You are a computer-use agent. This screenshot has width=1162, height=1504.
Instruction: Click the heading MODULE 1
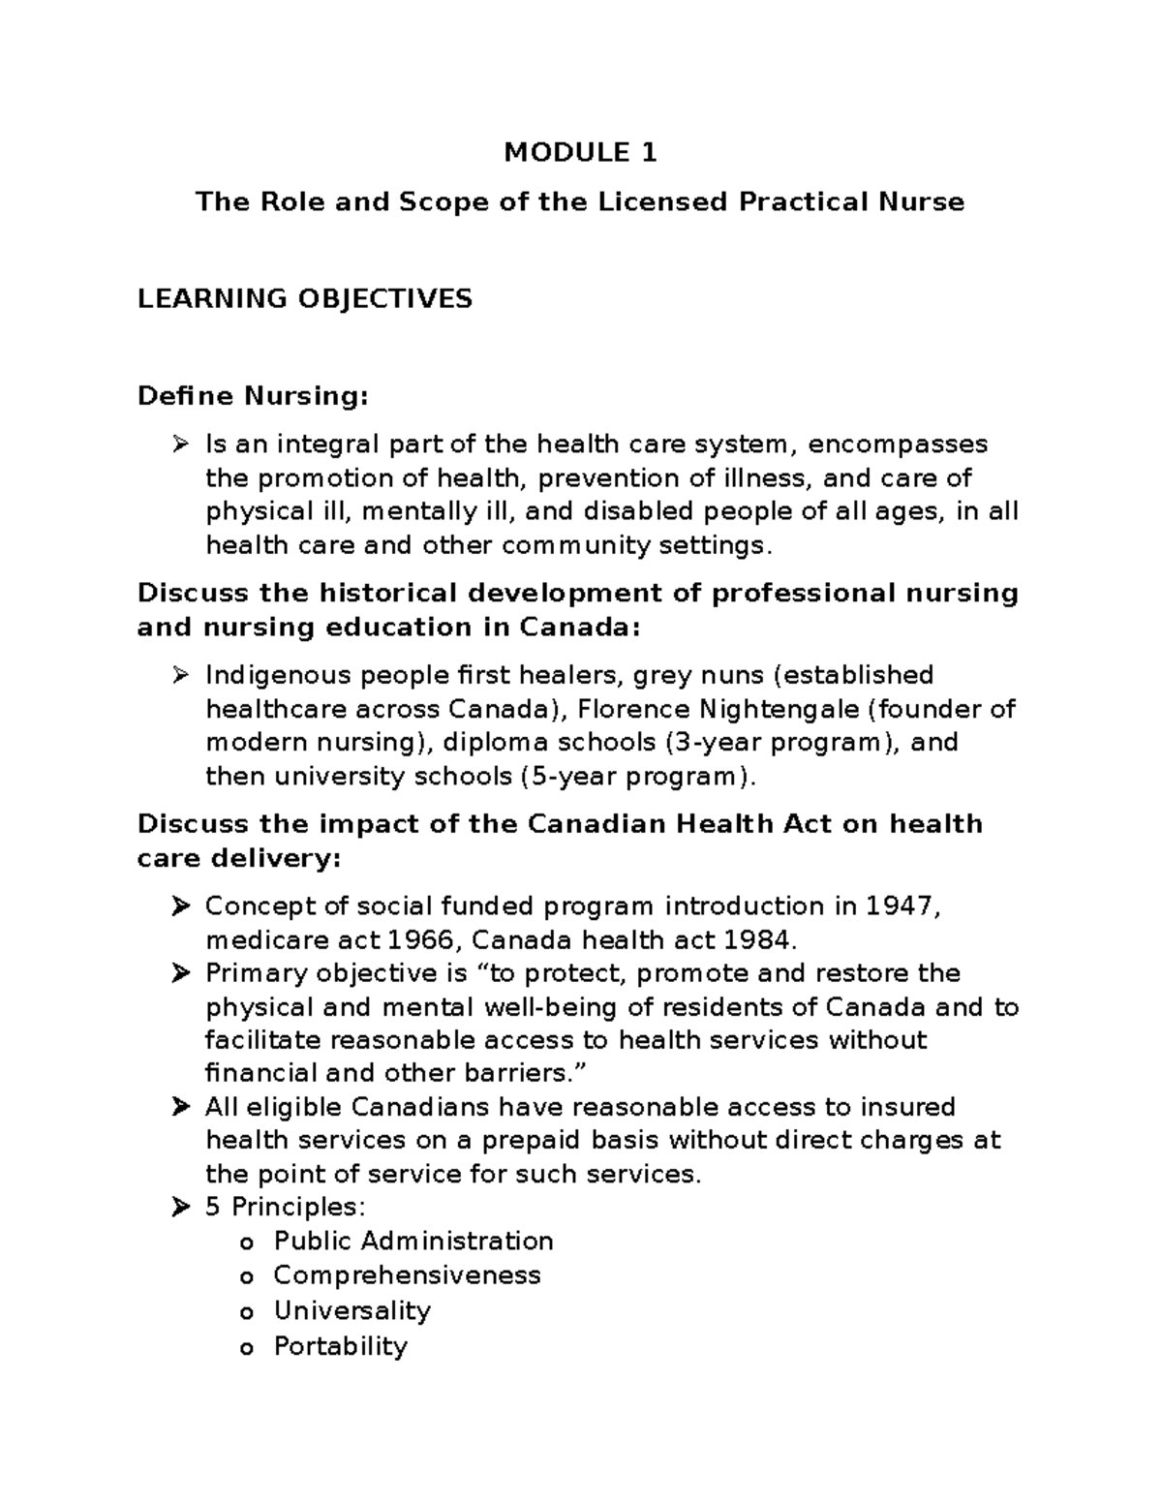coord(580,152)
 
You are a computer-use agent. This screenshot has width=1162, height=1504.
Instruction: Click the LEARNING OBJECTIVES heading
coord(305,298)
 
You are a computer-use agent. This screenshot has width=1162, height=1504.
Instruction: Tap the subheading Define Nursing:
coord(253,395)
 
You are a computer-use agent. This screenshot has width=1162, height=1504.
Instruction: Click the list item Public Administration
coord(413,1242)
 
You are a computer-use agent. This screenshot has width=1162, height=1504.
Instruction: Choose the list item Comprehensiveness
coord(407,1275)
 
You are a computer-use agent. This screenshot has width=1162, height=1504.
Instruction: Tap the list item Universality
coord(352,1310)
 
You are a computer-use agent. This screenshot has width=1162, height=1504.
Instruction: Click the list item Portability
coord(341,1346)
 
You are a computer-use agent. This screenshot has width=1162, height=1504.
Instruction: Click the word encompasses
coord(898,444)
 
